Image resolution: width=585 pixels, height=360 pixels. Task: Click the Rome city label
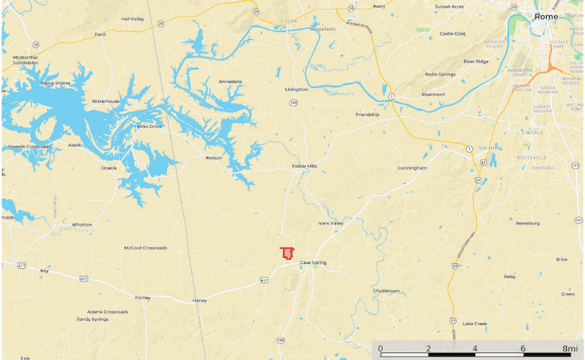(x=546, y=16)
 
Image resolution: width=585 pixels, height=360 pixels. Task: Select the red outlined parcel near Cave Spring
(x=287, y=254)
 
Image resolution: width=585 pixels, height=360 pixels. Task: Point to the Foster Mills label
(x=304, y=166)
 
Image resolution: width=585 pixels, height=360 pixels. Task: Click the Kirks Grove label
(x=150, y=126)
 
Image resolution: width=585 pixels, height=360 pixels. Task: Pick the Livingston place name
(x=296, y=89)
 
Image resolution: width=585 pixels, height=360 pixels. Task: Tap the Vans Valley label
(x=331, y=224)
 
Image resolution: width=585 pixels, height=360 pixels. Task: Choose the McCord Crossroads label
(x=146, y=248)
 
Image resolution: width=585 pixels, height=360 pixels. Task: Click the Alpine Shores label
(x=56, y=83)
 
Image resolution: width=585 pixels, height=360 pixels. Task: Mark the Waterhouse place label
(x=106, y=101)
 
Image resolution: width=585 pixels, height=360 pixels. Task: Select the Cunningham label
(x=412, y=168)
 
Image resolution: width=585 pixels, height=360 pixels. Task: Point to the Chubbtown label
(x=386, y=290)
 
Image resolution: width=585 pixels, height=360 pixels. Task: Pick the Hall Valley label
(x=133, y=19)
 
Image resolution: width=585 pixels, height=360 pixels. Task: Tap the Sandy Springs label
(x=93, y=319)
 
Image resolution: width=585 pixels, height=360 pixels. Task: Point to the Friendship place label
(x=367, y=114)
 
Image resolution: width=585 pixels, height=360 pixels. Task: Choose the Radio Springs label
(x=440, y=75)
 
